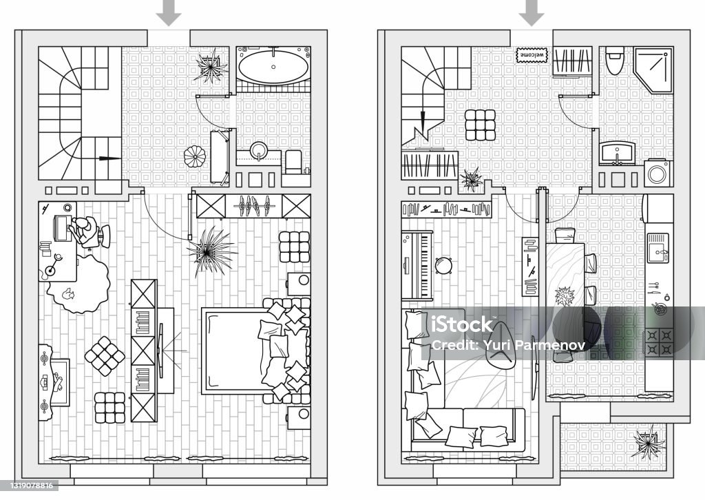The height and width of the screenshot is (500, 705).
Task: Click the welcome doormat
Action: click(532, 55)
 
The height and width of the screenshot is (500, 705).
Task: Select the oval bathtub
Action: click(273, 67)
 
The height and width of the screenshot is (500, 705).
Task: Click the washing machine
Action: click(659, 173)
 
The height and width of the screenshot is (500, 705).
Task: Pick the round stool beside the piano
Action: click(443, 265)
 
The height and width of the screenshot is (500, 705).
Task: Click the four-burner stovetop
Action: click(659, 342)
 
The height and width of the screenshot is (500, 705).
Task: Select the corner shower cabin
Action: click(653, 70)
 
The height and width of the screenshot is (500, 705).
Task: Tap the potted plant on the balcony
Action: click(648, 443)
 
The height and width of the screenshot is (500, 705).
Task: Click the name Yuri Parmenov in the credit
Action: click(534, 345)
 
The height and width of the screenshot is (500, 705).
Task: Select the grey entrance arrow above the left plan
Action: click(169, 14)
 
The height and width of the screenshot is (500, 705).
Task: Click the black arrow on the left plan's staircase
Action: click(109, 158)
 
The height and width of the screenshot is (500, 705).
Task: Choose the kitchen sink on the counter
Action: click(657, 248)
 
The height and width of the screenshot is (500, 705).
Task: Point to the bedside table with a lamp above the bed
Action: click(299, 284)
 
